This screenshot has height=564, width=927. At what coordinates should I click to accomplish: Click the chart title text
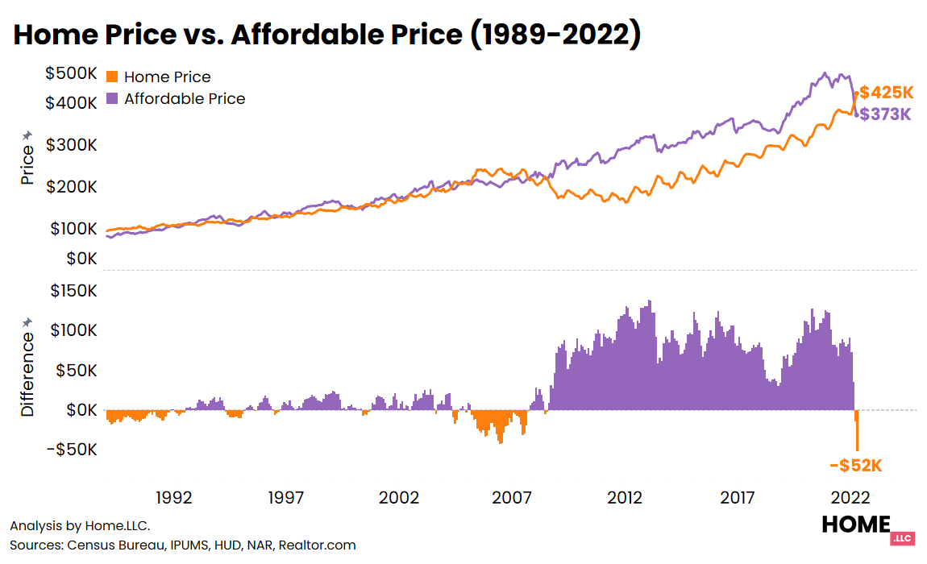click(326, 35)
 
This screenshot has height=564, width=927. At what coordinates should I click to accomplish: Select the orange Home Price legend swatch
click(112, 77)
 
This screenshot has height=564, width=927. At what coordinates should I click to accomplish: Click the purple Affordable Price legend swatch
click(112, 98)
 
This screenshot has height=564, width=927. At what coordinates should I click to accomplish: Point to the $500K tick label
click(71, 74)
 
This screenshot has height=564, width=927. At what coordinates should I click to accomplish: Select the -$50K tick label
click(73, 449)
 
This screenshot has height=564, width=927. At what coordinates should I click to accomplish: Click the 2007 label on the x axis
click(513, 497)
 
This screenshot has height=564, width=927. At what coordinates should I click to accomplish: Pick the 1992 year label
click(174, 497)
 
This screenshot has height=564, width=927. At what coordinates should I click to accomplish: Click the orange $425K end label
click(886, 92)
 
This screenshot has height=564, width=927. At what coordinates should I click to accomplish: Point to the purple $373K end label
click(886, 114)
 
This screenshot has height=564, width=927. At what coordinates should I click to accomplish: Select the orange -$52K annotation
click(856, 466)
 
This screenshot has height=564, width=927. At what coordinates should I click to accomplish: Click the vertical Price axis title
click(27, 159)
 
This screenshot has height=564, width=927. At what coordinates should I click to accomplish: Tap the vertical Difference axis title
click(27, 368)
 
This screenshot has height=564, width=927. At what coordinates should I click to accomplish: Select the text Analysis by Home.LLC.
click(80, 526)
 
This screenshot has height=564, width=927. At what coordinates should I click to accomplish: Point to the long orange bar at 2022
click(857, 431)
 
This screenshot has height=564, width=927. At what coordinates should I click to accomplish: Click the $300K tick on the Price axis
click(71, 146)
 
